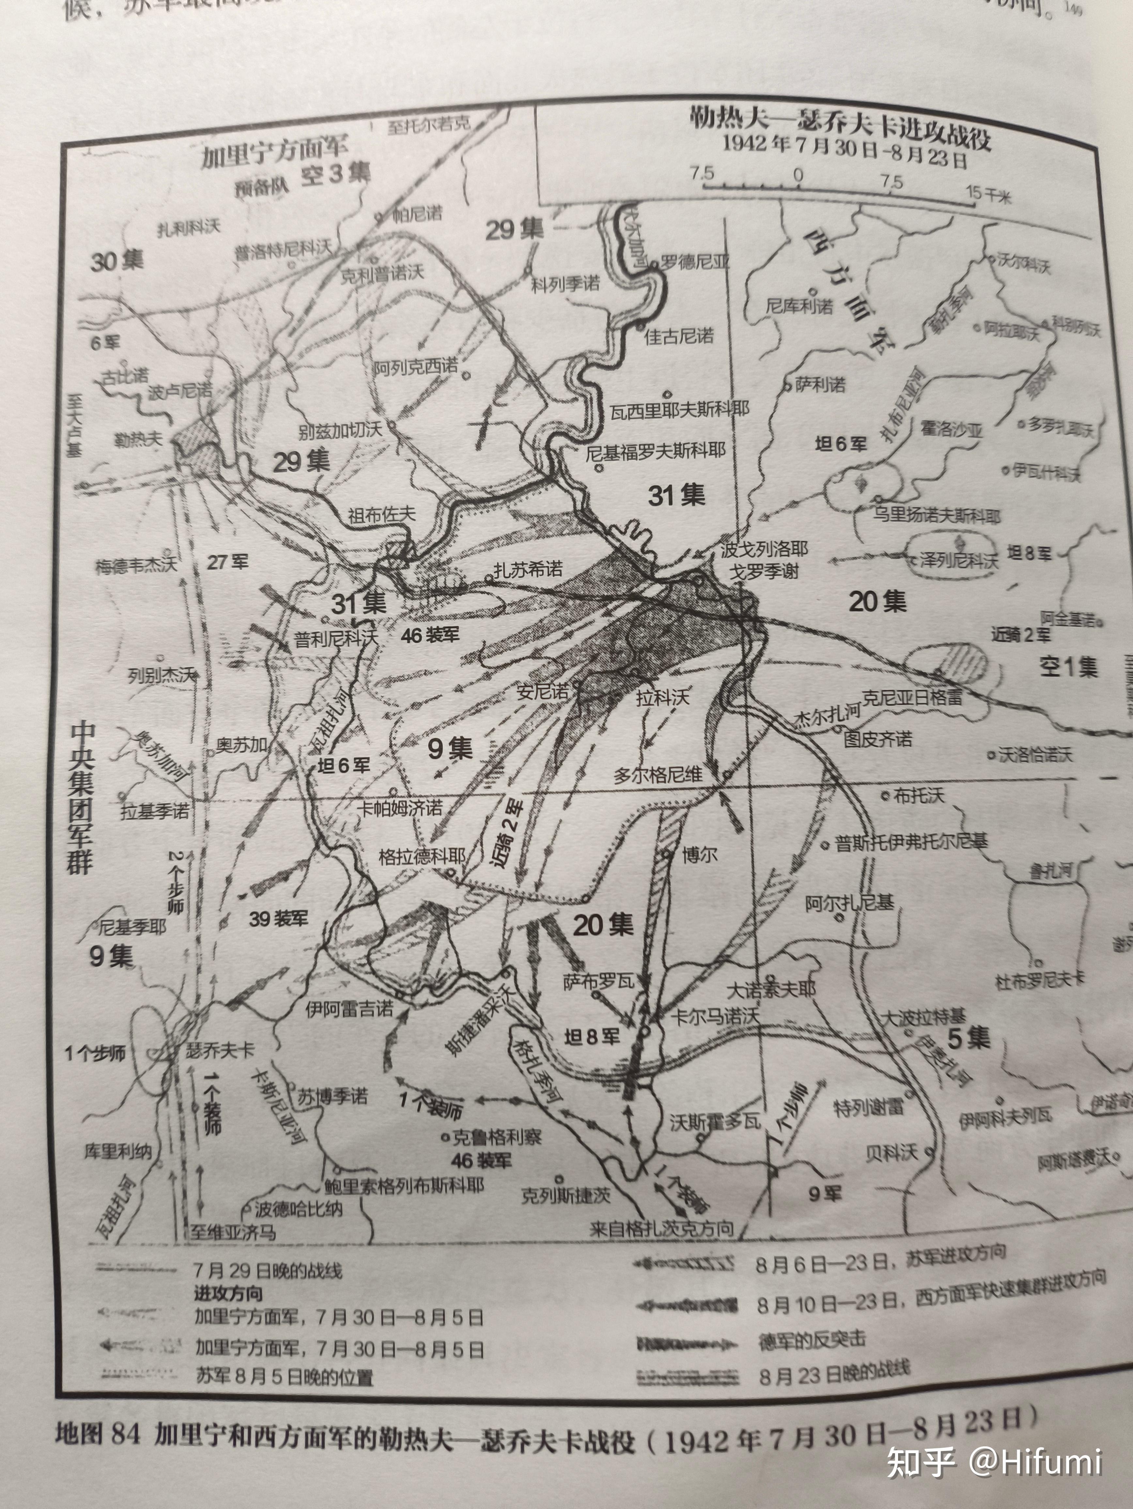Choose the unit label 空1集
(1068, 666)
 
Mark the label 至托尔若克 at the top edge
(428, 124)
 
